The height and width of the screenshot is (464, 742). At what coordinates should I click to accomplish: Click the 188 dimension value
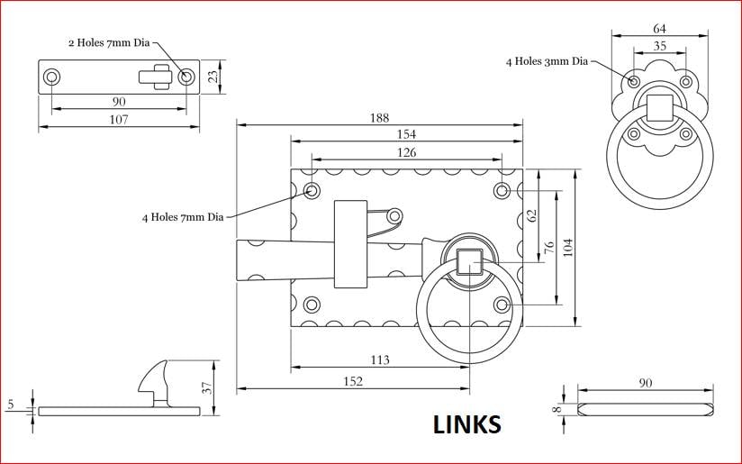point(379,118)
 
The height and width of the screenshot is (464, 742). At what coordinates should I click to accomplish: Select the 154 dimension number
point(406,134)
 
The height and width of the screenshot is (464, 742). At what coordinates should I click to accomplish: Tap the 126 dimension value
point(406,152)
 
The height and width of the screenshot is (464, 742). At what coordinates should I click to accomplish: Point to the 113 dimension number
point(380,359)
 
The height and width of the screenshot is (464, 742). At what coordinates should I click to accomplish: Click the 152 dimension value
point(353,381)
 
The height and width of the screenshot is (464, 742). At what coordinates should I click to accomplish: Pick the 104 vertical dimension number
point(568,247)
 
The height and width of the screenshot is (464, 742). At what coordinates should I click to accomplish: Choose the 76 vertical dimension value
point(549,247)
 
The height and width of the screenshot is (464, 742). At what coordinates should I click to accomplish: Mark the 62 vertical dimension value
point(532,216)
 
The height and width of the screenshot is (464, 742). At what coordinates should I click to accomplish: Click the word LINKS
point(467,424)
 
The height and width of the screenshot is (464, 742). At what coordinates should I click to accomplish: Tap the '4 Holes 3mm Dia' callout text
point(547,61)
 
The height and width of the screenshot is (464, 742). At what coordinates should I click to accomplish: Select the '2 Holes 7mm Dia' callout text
point(109,42)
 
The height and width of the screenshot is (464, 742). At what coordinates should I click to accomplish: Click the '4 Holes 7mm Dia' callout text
point(183,217)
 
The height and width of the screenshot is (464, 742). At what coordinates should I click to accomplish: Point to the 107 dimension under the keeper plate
point(119,119)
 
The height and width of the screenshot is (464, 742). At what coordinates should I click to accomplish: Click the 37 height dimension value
point(207,387)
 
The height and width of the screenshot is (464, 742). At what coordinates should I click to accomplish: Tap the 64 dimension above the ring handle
point(660,29)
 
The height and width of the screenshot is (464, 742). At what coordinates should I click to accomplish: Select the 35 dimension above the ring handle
point(660,46)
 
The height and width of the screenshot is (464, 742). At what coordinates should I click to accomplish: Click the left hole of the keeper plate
point(51,77)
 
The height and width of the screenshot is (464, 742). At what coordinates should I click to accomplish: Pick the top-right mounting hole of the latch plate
point(502,191)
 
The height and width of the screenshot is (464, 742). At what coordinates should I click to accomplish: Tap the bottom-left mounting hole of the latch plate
point(312,305)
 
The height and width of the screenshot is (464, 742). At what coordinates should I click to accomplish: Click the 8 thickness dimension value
point(558,409)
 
